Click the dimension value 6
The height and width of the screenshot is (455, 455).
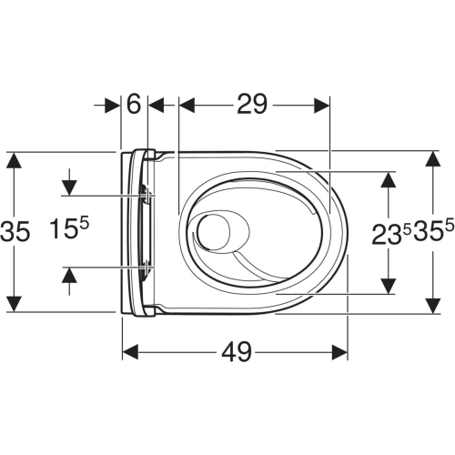click(x=135, y=105)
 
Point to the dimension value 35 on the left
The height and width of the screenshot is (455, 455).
click(x=15, y=232)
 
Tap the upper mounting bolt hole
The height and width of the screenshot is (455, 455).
click(x=146, y=194)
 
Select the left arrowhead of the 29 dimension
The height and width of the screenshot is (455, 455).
click(x=186, y=105)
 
